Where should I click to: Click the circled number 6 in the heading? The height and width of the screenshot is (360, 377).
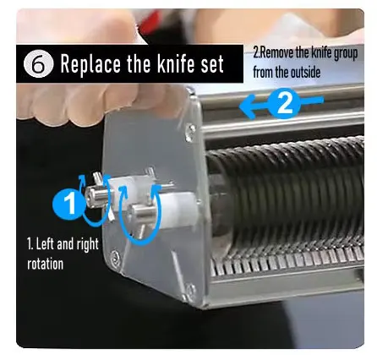[38, 64]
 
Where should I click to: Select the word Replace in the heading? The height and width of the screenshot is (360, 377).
[90, 64]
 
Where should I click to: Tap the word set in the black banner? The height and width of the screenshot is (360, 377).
[212, 64]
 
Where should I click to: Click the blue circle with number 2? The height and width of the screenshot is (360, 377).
[284, 103]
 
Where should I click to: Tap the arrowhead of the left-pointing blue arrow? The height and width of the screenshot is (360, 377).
[247, 106]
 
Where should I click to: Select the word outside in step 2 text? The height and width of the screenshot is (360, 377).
[305, 72]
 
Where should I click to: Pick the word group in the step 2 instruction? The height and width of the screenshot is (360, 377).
[346, 53]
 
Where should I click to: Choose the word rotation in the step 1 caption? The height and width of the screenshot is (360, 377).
[45, 264]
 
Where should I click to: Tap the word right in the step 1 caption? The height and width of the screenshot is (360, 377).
[87, 244]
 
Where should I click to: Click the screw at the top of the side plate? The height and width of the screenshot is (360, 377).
[191, 129]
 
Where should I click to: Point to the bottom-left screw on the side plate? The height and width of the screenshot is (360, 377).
[116, 257]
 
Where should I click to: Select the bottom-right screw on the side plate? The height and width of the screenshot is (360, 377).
[190, 289]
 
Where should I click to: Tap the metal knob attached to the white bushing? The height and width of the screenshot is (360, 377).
[142, 213]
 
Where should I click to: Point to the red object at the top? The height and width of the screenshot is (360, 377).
[150, 23]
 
